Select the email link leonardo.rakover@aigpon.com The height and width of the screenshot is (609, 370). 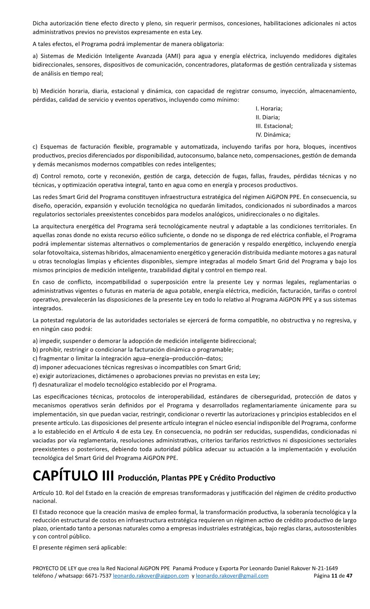[151, 576]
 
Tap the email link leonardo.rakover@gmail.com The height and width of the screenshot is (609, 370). [232, 576]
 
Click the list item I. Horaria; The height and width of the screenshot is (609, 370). [269, 108]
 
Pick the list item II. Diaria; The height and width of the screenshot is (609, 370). [267, 117]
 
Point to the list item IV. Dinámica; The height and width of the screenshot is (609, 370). [273, 134]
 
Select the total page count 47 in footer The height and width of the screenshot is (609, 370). [349, 576]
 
